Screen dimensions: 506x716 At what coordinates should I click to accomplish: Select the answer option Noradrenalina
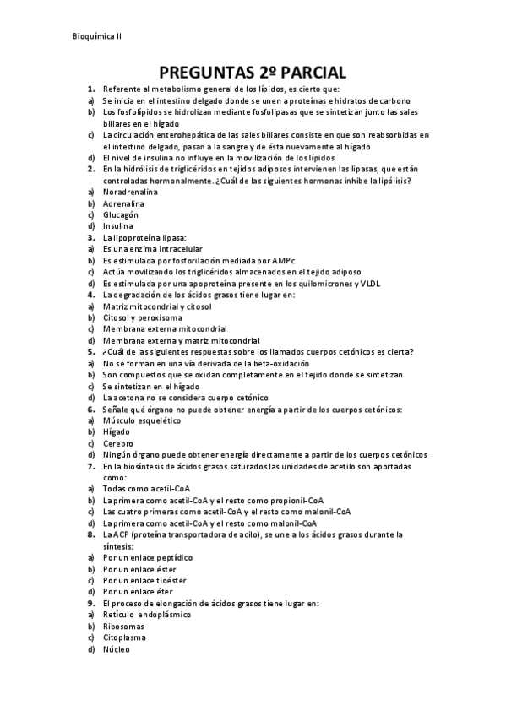(133, 193)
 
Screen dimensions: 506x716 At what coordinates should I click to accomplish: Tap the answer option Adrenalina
(124, 203)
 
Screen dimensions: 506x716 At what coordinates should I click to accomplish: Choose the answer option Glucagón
(121, 215)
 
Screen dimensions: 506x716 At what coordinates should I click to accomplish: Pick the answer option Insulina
(118, 226)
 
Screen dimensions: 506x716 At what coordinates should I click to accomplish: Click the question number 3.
(90, 238)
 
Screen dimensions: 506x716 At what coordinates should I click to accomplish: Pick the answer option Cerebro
(118, 442)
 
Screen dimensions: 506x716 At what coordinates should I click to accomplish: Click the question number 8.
(90, 534)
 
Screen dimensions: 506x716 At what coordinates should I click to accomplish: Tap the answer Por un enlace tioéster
(144, 580)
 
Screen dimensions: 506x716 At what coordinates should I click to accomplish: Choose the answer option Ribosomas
(123, 626)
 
